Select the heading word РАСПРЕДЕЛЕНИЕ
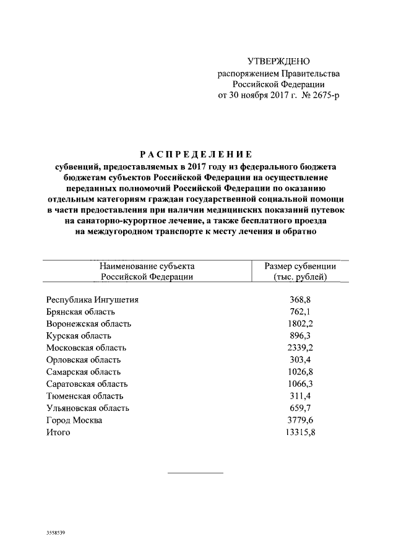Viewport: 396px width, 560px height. (195, 155)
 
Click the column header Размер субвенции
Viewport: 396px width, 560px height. (300, 266)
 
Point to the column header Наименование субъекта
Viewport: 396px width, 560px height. (147, 266)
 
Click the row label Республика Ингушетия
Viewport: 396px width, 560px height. (92, 300)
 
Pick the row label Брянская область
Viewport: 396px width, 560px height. (80, 312)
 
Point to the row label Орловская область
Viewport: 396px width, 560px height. (84, 360)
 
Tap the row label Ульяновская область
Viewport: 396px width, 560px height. (88, 408)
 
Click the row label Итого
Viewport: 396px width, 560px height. (58, 433)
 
